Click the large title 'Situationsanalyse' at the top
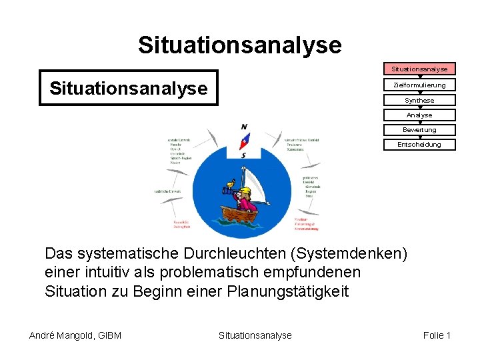[x=239, y=45]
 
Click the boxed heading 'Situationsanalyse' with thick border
[x=129, y=88]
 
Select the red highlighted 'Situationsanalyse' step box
[x=419, y=69]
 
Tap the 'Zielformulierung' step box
[x=419, y=85]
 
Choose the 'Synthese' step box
[x=419, y=101]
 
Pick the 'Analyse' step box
[x=419, y=115]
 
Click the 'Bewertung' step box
[x=419, y=130]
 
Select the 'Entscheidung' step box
[x=419, y=145]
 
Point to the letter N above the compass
[x=244, y=127]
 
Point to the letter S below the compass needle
[x=244, y=155]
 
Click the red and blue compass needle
[x=245, y=141]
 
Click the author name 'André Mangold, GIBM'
[x=75, y=335]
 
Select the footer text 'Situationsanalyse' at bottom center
[x=255, y=335]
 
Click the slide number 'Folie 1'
[x=437, y=335]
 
